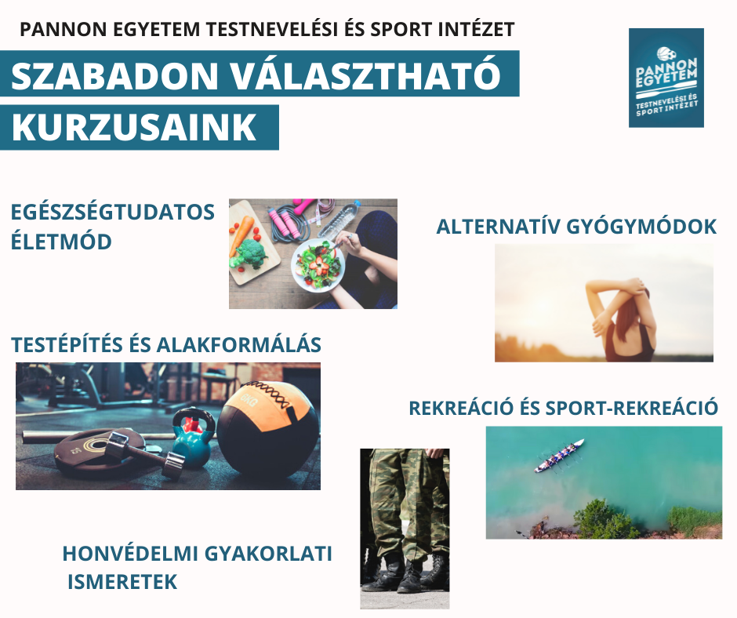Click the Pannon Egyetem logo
666,78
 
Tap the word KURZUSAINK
134,128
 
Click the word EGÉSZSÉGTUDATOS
113,213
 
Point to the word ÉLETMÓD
61,242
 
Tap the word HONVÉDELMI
125,554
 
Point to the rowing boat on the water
559,456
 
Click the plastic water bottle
339,219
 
